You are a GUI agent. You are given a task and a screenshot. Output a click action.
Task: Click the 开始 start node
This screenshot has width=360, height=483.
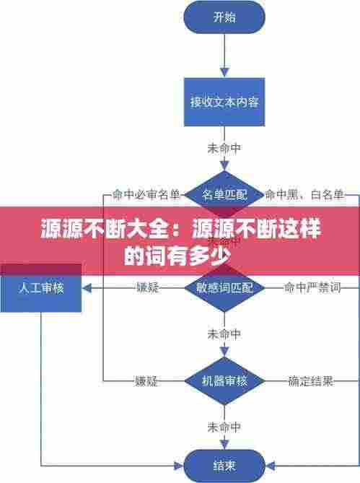pyautogui.click(x=224, y=19)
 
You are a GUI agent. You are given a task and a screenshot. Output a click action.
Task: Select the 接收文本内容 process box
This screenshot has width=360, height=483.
pyautogui.click(x=224, y=102)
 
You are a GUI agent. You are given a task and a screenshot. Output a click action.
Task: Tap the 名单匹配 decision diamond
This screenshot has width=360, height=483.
pyautogui.click(x=224, y=194)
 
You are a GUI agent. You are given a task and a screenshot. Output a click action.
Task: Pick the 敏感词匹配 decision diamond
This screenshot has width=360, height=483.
pyautogui.click(x=224, y=287)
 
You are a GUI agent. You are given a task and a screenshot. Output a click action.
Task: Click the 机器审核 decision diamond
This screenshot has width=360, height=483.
pyautogui.click(x=224, y=380)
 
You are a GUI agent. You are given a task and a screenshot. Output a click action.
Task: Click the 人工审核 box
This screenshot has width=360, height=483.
pyautogui.click(x=41, y=287)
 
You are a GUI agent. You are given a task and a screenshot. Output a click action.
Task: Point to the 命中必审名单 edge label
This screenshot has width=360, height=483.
pyautogui.click(x=146, y=194)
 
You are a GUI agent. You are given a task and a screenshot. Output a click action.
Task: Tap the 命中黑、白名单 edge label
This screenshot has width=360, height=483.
pyautogui.click(x=304, y=194)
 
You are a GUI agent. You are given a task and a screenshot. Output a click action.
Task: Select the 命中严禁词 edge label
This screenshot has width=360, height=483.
pyautogui.click(x=312, y=287)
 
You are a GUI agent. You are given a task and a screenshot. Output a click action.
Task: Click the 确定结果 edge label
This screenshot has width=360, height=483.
pyautogui.click(x=311, y=380)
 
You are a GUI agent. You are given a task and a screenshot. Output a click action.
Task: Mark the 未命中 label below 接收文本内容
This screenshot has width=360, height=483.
pyautogui.click(x=224, y=148)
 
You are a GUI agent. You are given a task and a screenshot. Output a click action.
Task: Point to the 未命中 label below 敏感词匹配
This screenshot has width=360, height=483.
pyautogui.click(x=224, y=334)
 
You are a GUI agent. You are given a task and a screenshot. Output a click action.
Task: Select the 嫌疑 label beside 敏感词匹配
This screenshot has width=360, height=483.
pyautogui.click(x=147, y=287)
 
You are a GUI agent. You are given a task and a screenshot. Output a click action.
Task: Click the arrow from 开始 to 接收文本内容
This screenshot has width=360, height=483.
pyautogui.click(x=224, y=57)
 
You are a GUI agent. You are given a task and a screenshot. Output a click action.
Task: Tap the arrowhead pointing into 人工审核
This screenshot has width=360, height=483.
pyautogui.click(x=87, y=287)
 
